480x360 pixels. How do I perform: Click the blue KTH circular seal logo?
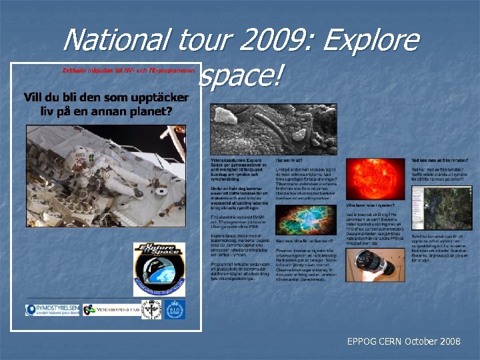tap(175, 309)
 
